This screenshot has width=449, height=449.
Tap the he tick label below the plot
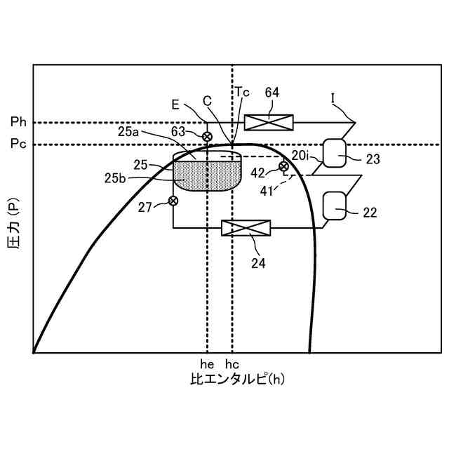(207, 363)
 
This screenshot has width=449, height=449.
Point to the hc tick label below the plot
(232, 363)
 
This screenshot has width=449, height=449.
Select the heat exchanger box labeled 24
(246, 227)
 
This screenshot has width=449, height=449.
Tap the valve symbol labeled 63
(208, 136)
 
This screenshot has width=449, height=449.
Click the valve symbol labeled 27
(173, 201)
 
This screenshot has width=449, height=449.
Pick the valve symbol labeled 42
(283, 166)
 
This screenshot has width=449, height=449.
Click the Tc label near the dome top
(241, 91)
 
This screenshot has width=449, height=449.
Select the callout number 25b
(116, 178)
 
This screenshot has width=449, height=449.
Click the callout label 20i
(300, 154)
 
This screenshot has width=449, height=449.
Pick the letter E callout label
(175, 103)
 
